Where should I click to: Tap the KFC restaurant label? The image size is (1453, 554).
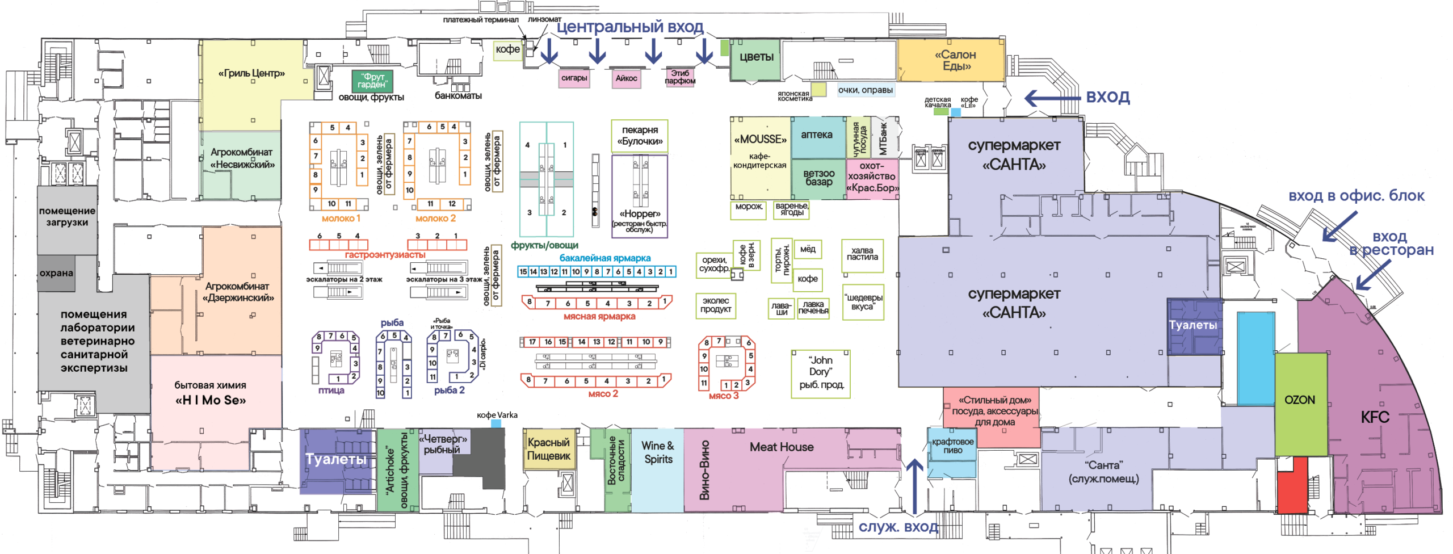(1375, 417)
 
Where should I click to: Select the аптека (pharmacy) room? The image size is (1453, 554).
(817, 136)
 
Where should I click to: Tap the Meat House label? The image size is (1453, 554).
(781, 447)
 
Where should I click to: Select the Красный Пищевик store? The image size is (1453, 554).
(548, 449)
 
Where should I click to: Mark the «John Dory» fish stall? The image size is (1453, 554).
(820, 373)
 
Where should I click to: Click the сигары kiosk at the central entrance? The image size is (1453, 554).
(574, 78)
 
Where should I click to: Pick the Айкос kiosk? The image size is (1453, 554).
(626, 78)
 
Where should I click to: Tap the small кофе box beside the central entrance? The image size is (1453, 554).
(507, 50)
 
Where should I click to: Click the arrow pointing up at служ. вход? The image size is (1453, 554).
(914, 485)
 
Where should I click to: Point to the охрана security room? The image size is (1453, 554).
(56, 273)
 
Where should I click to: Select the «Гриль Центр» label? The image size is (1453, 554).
(251, 73)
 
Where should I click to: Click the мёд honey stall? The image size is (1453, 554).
(807, 249)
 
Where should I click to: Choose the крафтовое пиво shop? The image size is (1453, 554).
(952, 447)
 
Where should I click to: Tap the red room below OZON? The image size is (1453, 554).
(1292, 486)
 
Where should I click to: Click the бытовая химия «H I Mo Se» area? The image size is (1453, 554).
(211, 393)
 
